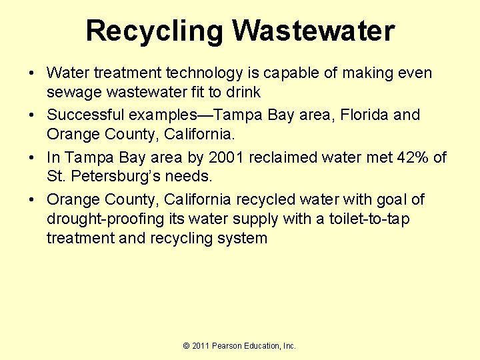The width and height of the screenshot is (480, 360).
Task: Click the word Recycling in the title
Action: (155, 31)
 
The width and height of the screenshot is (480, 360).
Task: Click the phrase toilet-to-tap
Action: (369, 219)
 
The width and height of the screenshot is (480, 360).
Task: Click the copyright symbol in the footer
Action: (187, 345)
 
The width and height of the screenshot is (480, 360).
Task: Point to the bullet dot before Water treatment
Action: (33, 73)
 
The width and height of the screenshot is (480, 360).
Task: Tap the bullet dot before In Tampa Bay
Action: (33, 158)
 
